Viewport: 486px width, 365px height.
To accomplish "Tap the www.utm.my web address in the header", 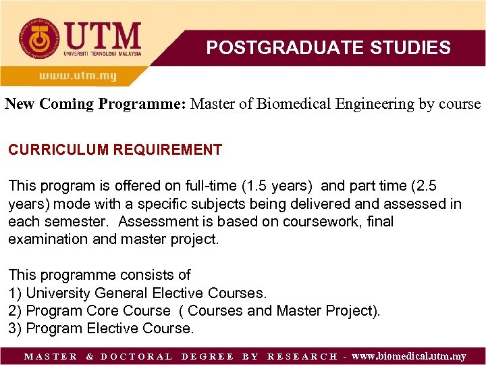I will pyautogui.click(x=77, y=76).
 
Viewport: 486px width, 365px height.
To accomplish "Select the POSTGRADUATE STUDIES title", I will pyautogui.click(x=328, y=47).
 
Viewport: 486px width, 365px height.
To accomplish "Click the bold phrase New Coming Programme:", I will pyautogui.click(x=96, y=104).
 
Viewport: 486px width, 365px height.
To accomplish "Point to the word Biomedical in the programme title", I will pyautogui.click(x=290, y=104).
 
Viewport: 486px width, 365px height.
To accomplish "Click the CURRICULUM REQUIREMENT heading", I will pyautogui.click(x=115, y=150).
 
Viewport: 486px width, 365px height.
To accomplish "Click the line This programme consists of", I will pyautogui.click(x=99, y=275).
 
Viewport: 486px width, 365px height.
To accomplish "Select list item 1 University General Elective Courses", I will pyautogui.click(x=138, y=293).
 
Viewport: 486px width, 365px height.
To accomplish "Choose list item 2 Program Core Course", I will pyautogui.click(x=90, y=311).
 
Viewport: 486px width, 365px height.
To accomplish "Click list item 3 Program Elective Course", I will pyautogui.click(x=101, y=328).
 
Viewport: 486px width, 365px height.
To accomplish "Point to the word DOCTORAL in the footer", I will pyautogui.click(x=136, y=356).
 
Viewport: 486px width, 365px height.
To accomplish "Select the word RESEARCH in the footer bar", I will pyautogui.click(x=302, y=356).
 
